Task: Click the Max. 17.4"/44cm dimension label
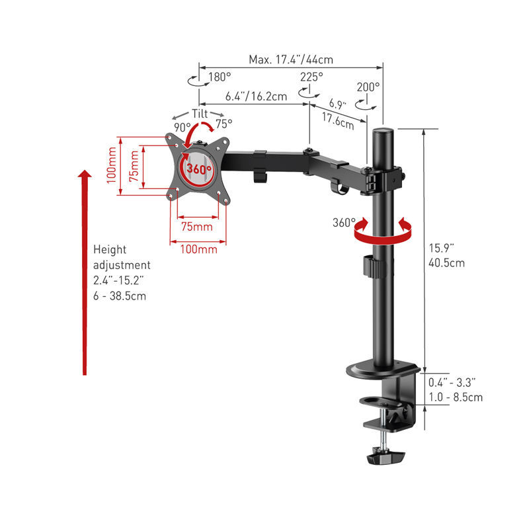pos(291,60)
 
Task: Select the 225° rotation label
pos(311,77)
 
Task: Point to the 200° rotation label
pos(368,87)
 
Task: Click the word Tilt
pos(200,113)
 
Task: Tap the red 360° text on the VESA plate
pos(198,169)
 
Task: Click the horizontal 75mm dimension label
pos(198,227)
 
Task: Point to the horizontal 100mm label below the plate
pos(198,249)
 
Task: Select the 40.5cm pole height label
pos(446,263)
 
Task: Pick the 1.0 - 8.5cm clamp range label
pos(455,397)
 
